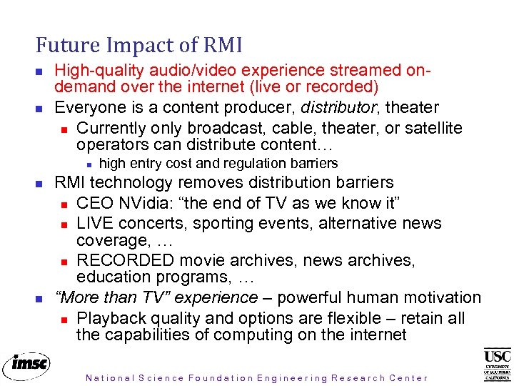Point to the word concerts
point(151,224)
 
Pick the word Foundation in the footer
point(221,378)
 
